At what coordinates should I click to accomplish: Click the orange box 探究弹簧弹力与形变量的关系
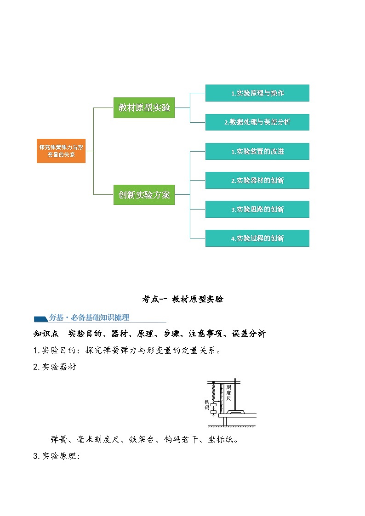pos(61,151)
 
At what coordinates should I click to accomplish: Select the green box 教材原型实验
pos(144,108)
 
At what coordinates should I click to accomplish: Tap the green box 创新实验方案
pos(144,195)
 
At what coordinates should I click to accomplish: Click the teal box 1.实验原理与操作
pos(257,93)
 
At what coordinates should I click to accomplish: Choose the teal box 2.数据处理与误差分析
pos(257,122)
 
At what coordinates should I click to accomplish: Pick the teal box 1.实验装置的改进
pos(257,151)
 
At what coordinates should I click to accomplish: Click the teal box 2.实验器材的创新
pos(257,180)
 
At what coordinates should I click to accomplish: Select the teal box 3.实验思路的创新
pos(257,209)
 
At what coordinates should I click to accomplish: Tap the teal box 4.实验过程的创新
pos(257,238)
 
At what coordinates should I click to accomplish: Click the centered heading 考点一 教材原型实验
pos(182,299)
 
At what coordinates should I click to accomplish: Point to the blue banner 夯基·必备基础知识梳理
pos(89,318)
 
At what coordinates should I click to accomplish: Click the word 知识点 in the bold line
pos(45,334)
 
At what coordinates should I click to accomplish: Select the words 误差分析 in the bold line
pos(249,334)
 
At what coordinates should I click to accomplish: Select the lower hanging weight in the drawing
pos(213,412)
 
